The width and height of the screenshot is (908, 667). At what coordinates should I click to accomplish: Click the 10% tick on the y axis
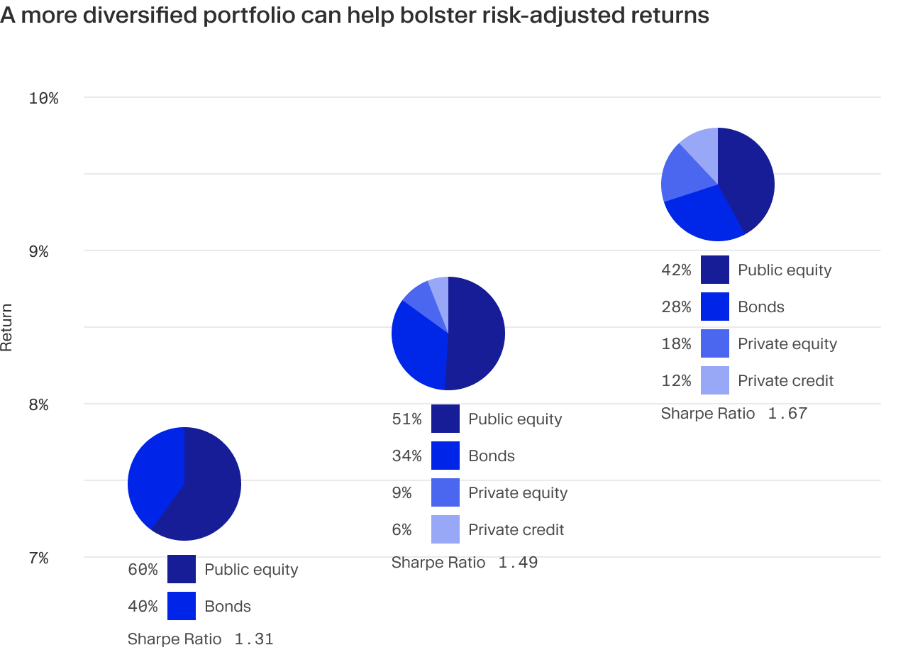(x=43, y=98)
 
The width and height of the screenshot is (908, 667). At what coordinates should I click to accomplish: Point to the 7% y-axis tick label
(x=38, y=558)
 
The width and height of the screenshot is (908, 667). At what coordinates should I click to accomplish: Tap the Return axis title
(x=7, y=327)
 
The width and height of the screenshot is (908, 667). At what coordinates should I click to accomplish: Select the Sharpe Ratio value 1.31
(x=253, y=639)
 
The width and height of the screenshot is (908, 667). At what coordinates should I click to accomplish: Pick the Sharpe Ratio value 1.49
(x=518, y=563)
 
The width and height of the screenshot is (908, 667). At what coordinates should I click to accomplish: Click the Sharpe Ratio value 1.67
(x=787, y=414)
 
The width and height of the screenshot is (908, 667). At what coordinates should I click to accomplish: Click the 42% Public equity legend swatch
(x=714, y=270)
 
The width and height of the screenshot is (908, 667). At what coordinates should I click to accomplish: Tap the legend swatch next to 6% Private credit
(x=445, y=530)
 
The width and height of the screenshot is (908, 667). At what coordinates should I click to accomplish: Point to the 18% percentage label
(x=676, y=344)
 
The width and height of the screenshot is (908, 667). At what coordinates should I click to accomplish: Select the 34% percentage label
(x=406, y=456)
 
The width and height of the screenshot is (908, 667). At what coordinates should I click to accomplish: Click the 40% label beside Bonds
(x=143, y=607)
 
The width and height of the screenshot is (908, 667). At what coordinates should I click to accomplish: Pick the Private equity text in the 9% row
(x=518, y=493)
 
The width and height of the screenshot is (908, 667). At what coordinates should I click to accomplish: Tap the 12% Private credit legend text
(x=785, y=381)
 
